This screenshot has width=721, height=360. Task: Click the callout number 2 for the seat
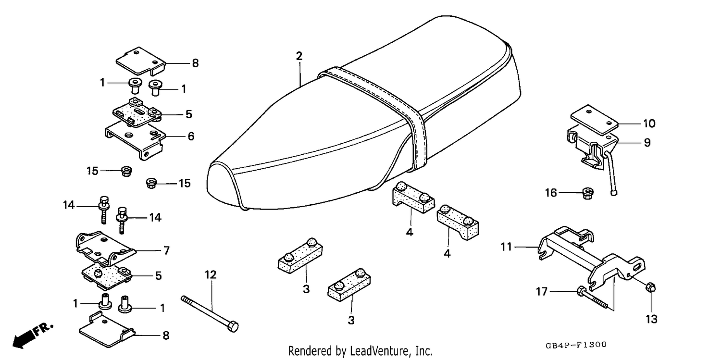pos(299,56)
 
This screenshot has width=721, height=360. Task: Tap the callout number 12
pos(211,275)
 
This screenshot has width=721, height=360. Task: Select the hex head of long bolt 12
pos(234,326)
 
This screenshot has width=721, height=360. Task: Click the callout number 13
pos(651,319)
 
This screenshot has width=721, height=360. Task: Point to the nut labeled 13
pos(651,287)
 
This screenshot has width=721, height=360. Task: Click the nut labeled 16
pos(588,193)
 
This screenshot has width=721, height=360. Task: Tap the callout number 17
pos(542,291)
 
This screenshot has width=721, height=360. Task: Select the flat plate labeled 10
pos(594,120)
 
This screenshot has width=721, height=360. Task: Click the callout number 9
pos(647,143)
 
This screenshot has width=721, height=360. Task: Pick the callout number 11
pos(506,247)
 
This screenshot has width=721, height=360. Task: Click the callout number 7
pos(166,250)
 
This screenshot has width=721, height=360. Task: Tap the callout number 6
pos(191,136)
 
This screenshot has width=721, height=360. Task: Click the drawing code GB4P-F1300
pos(576,345)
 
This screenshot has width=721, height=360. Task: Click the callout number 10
pos(649,124)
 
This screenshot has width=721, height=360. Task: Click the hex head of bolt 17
pos(581,291)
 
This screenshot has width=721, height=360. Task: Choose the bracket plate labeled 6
pos(135,138)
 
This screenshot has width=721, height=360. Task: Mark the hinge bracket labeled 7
pos(105,248)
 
